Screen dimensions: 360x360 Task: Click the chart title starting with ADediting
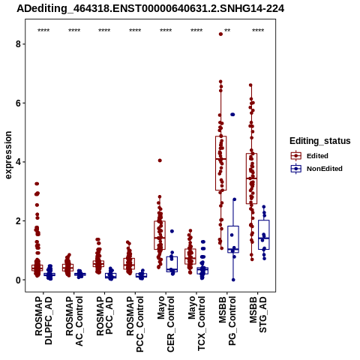[150, 8]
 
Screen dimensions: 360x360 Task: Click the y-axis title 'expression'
[8, 155]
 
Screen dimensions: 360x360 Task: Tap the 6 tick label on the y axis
[18, 103]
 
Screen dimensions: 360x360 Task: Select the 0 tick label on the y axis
[18, 280]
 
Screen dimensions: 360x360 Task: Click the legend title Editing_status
[320, 141]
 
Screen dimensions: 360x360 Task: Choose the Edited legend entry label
[317, 156]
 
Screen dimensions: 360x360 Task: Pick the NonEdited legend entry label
[325, 169]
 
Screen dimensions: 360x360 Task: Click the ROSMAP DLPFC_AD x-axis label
[43, 320]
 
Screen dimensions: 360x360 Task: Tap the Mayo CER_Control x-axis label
[166, 324]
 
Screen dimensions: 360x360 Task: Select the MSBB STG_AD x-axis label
[258, 314]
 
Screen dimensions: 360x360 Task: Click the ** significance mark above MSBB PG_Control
[227, 31]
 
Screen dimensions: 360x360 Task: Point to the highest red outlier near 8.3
[220, 34]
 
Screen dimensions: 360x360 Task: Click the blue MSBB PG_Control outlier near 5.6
[232, 115]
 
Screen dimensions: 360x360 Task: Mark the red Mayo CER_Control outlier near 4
[160, 160]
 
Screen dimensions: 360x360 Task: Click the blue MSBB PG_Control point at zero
[233, 280]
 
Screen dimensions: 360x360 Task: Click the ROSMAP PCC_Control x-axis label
[135, 324]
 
